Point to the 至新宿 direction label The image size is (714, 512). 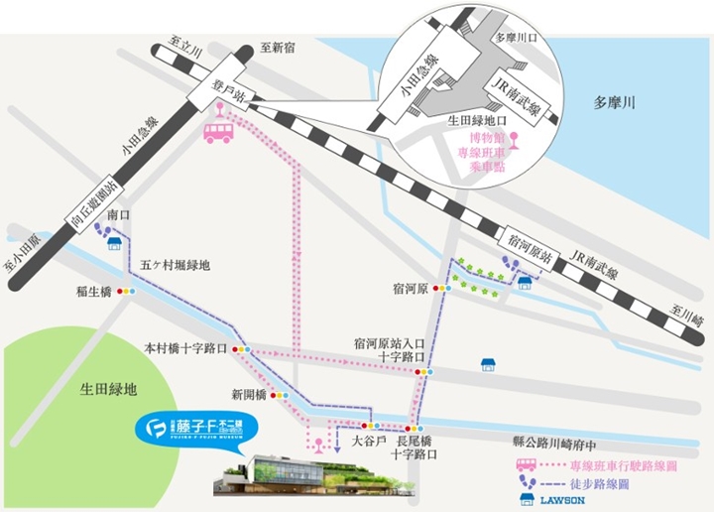click(279, 47)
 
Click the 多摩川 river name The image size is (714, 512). click(615, 102)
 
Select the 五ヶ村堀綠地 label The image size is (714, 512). click(177, 265)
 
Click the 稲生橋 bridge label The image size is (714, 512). click(93, 292)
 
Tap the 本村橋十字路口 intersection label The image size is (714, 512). click(186, 349)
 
